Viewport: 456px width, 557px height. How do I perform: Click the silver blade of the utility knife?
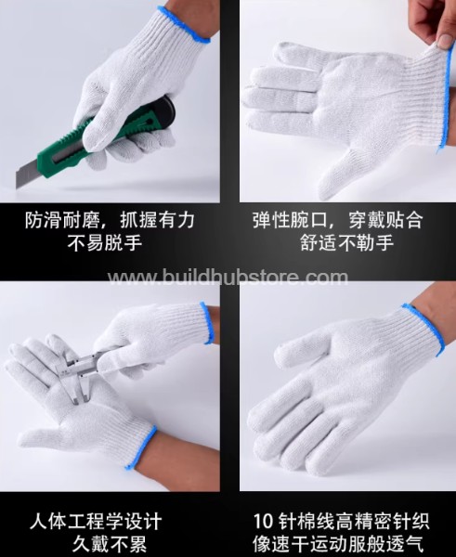(x=27, y=172)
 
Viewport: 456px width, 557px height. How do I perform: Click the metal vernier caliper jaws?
(x=80, y=379)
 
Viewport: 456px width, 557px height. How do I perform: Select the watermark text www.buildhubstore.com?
(x=228, y=277)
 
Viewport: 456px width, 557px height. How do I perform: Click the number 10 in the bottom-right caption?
(x=263, y=522)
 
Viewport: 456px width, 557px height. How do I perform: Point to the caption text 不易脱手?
(x=105, y=243)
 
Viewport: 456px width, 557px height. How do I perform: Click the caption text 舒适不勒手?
(x=347, y=243)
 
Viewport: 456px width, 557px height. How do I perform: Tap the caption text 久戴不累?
(x=110, y=544)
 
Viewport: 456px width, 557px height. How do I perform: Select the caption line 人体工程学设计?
(x=96, y=522)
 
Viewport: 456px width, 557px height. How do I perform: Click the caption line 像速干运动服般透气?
(x=338, y=544)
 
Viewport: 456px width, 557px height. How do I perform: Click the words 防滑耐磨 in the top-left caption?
(x=63, y=220)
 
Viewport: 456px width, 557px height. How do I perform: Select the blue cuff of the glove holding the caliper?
(x=207, y=322)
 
